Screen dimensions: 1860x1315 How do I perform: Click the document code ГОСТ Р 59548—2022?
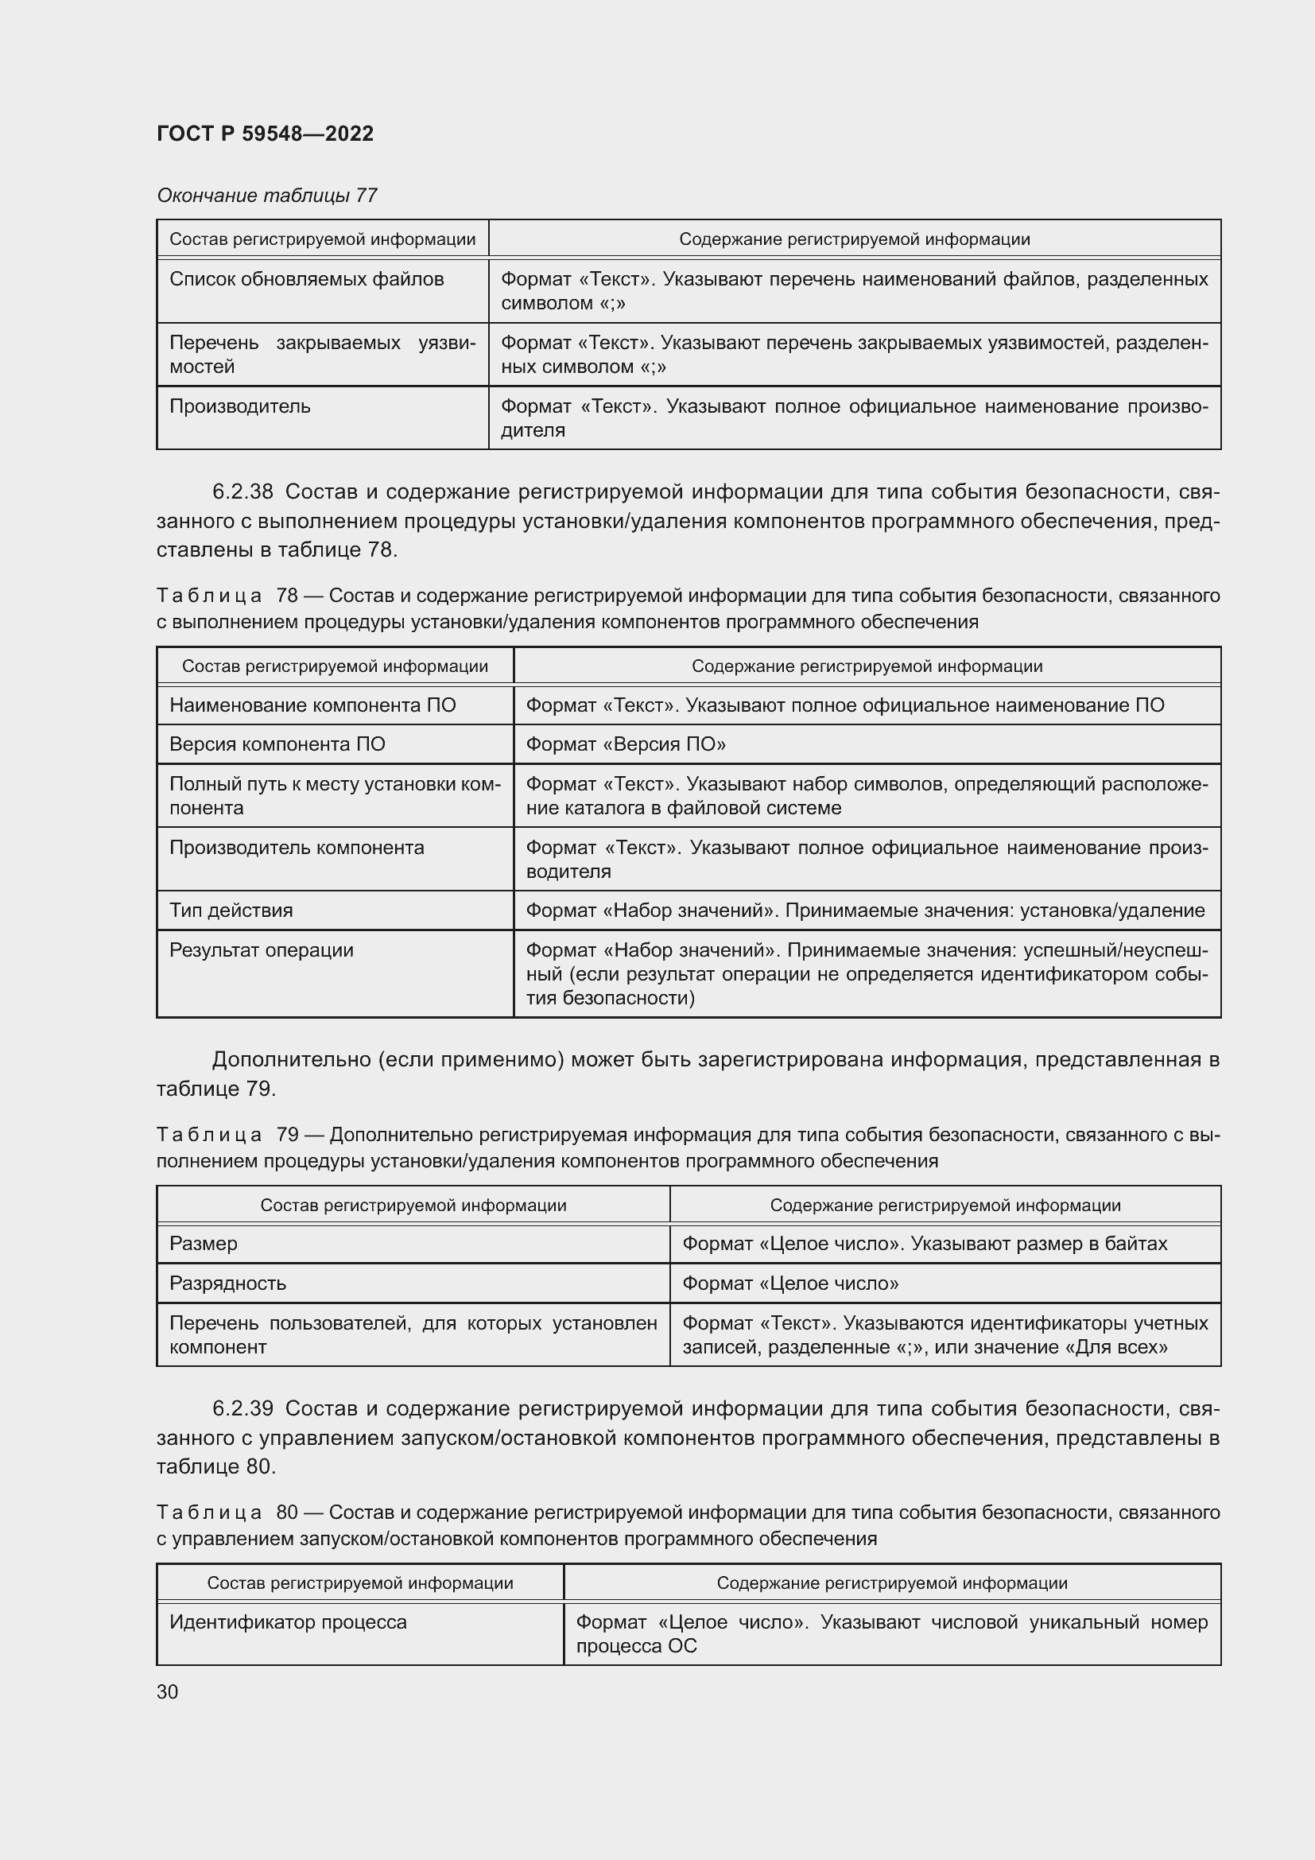265,134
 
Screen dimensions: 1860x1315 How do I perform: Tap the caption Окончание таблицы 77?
266,196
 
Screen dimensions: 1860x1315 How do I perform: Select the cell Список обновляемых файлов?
306,279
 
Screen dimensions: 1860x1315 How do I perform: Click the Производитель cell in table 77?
239,406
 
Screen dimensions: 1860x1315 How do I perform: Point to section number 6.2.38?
242,491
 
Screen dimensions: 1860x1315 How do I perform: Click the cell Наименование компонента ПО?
312,705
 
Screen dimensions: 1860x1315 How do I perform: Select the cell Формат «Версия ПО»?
625,744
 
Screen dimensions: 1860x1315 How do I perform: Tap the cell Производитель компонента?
297,848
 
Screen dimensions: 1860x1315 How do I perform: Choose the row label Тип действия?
231,911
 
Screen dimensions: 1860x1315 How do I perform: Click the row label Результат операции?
261,950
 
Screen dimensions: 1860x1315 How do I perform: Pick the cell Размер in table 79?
204,1244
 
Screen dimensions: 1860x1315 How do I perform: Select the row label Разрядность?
227,1283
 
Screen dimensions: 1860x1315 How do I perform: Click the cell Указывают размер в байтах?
924,1244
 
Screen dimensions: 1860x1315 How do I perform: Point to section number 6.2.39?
242,1409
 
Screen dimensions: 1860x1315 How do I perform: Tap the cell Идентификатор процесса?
288,1623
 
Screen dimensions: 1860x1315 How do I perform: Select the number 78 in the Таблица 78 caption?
287,596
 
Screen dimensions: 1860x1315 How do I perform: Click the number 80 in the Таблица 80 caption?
287,1512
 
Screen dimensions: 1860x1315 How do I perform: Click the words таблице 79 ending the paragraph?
215,1089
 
